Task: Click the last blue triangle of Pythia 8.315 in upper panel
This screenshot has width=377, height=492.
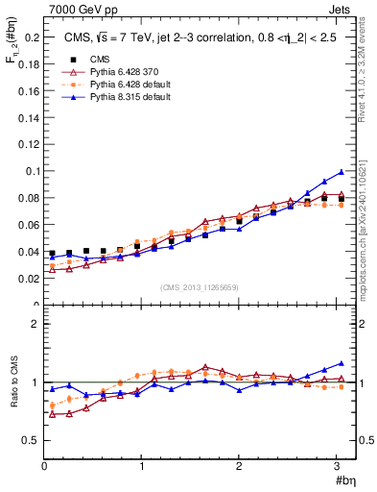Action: pyautogui.click(x=341, y=172)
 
